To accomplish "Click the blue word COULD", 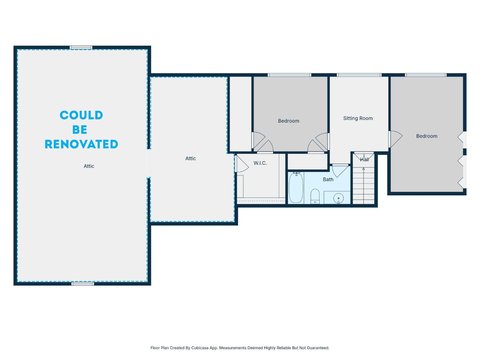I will click(81, 115).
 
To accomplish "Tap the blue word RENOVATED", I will click(81, 144).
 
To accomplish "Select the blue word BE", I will click(80, 130).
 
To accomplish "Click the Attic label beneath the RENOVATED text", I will click(89, 166).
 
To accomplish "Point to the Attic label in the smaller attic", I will click(190, 158).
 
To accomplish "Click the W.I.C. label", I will click(260, 163).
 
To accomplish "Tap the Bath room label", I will click(328, 180).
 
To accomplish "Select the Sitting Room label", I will click(358, 118).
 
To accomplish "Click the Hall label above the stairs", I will click(364, 159).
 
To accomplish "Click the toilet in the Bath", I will click(315, 196).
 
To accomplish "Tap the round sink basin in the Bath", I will click(339, 198).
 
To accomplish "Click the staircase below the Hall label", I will click(364, 186).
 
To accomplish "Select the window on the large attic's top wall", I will click(81, 48).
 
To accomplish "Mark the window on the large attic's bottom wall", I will click(83, 284).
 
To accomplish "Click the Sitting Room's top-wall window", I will click(359, 75).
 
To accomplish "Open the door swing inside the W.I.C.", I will click(242, 164).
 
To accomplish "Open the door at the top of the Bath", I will click(340, 170).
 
